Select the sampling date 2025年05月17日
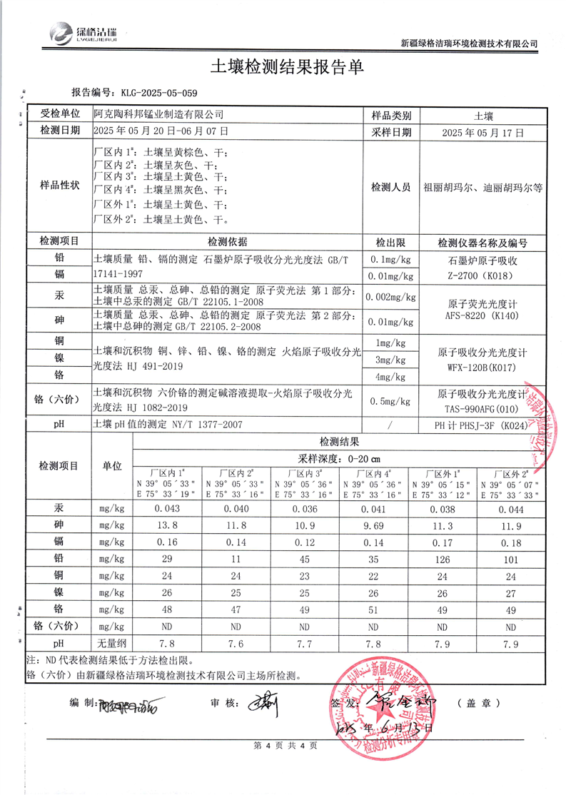pyautogui.click(x=482, y=132)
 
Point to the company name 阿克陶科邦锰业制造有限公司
pyautogui.click(x=158, y=114)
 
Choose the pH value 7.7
pyautogui.click(x=305, y=644)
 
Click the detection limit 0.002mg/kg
pyautogui.click(x=390, y=296)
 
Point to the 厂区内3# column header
pyautogui.click(x=305, y=472)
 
